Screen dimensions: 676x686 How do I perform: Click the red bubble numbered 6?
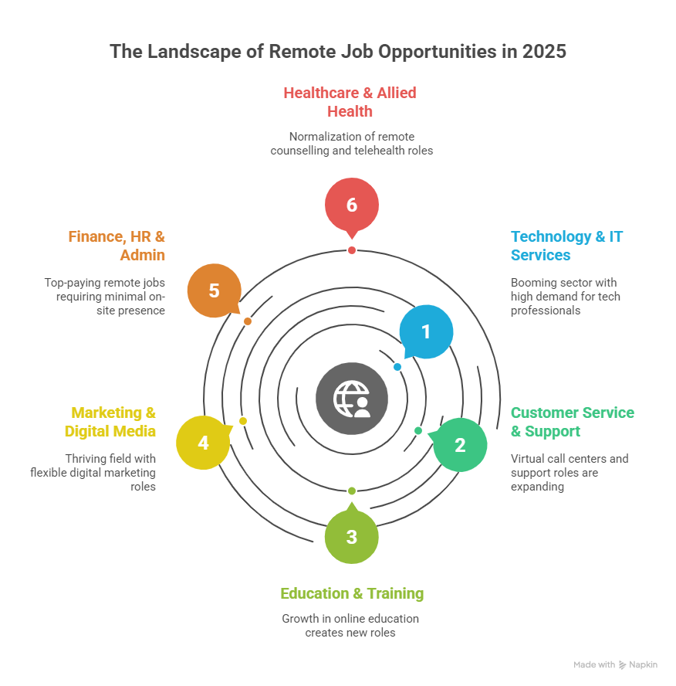tap(352, 205)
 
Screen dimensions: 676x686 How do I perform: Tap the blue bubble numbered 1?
tap(426, 331)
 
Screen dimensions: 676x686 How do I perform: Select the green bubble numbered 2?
tap(460, 445)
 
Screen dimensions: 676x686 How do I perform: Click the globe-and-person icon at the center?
tap(352, 399)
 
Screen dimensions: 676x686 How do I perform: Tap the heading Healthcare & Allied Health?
tap(350, 102)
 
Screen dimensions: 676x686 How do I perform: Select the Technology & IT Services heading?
tap(566, 246)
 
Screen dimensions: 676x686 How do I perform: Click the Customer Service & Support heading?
tap(573, 422)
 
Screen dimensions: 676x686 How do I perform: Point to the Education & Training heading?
tap(352, 593)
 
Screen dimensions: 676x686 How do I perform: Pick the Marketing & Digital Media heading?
tap(110, 422)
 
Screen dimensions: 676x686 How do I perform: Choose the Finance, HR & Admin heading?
tap(117, 246)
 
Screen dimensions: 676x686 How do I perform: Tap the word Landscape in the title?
tap(192, 52)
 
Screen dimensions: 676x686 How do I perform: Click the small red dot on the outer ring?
tap(352, 250)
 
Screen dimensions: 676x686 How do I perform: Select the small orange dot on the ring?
tap(248, 321)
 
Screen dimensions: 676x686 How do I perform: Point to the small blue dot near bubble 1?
tap(397, 367)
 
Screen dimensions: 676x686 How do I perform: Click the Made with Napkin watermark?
tap(615, 664)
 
